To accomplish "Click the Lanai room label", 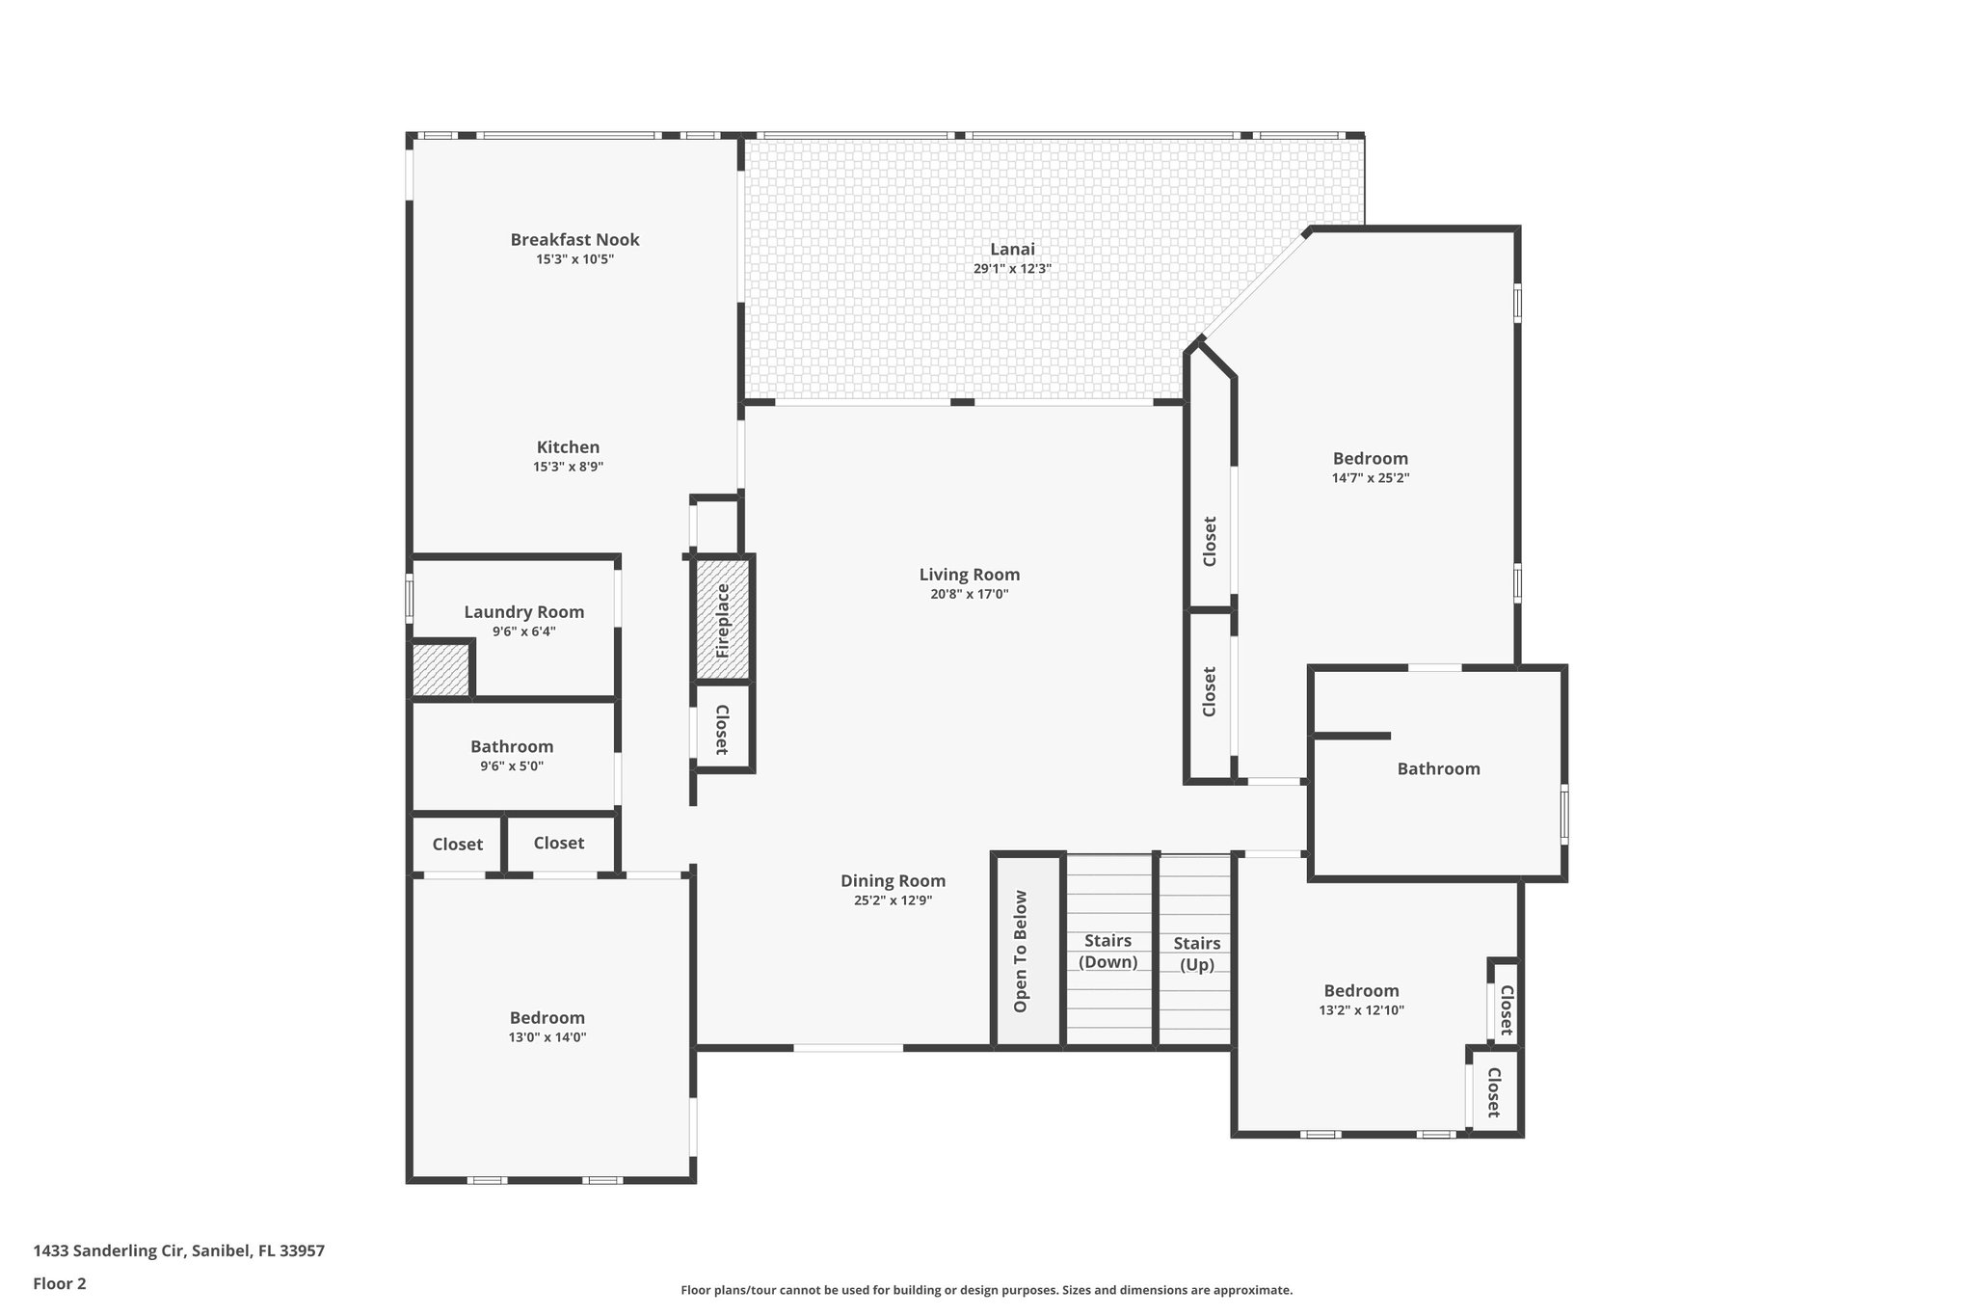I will tap(1011, 249).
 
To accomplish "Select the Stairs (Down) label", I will tap(1107, 951).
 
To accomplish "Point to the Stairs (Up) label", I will tap(1196, 953).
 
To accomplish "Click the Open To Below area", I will tap(1021, 952).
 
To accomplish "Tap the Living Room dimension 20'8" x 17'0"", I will tap(969, 595).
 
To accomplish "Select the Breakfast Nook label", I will tap(574, 239).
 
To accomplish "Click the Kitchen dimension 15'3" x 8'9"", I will tap(568, 467).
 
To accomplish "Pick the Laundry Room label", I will tap(523, 611).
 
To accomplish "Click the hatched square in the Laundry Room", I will tap(440, 669).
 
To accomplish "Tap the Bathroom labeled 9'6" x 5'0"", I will tap(512, 746).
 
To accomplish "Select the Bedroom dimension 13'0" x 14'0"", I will tap(547, 1037).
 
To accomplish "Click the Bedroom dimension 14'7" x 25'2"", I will tap(1370, 478).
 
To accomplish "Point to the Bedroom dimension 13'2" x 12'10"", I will tap(1361, 1010).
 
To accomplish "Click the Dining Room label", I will tap(893, 880).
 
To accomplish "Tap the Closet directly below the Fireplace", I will tap(721, 729).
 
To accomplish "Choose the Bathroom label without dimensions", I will tap(1438, 768).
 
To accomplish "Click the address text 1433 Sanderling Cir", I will tap(178, 1250).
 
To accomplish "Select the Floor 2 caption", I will tap(60, 1283).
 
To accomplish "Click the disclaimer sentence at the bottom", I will tap(986, 1290).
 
